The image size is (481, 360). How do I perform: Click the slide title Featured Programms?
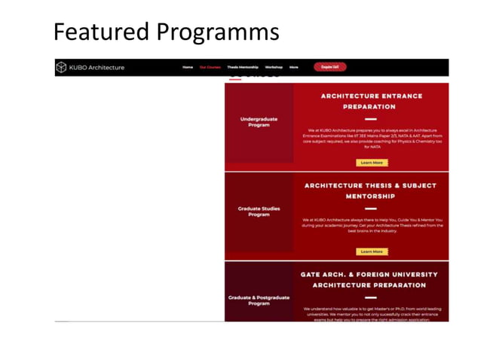(166, 32)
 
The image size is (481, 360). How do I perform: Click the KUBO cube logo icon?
(61, 68)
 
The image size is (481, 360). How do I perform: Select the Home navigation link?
(188, 67)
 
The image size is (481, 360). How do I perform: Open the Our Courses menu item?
(210, 67)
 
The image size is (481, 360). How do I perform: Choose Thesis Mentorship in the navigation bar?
(243, 67)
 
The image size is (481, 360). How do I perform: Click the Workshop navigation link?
(274, 67)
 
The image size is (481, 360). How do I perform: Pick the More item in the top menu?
(294, 67)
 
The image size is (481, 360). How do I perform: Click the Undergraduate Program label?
(259, 121)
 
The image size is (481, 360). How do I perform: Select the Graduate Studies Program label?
(259, 211)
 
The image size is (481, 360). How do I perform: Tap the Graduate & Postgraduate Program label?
(259, 300)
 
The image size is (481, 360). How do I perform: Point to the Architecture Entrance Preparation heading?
(371, 101)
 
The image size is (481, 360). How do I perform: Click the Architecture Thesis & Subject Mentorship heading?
(371, 190)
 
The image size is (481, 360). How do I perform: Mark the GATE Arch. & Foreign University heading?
(371, 279)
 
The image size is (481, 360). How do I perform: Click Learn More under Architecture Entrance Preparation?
(371, 163)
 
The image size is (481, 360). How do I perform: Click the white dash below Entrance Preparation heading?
(371, 119)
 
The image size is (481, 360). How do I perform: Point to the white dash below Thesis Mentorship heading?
(371, 209)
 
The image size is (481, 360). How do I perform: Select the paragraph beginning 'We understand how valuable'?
(371, 313)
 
